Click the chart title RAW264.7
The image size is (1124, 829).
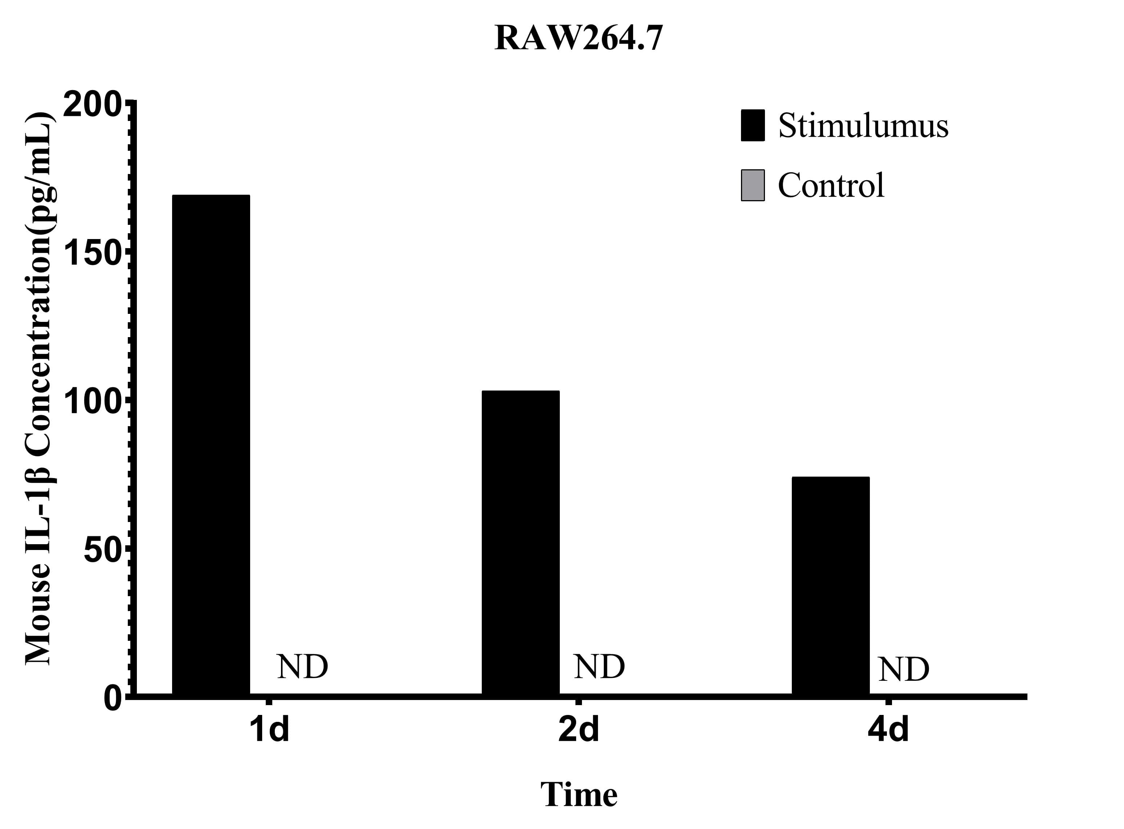point(578,38)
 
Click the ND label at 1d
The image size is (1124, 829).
point(302,667)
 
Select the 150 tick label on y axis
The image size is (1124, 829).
point(93,254)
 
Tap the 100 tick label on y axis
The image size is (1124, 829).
point(93,401)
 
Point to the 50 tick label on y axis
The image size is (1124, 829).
point(103,550)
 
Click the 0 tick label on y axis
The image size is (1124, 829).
point(113,698)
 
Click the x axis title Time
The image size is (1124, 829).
point(578,795)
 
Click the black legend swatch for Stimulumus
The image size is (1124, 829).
point(752,125)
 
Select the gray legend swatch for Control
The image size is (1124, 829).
point(752,185)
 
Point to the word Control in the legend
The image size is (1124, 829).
point(831,185)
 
